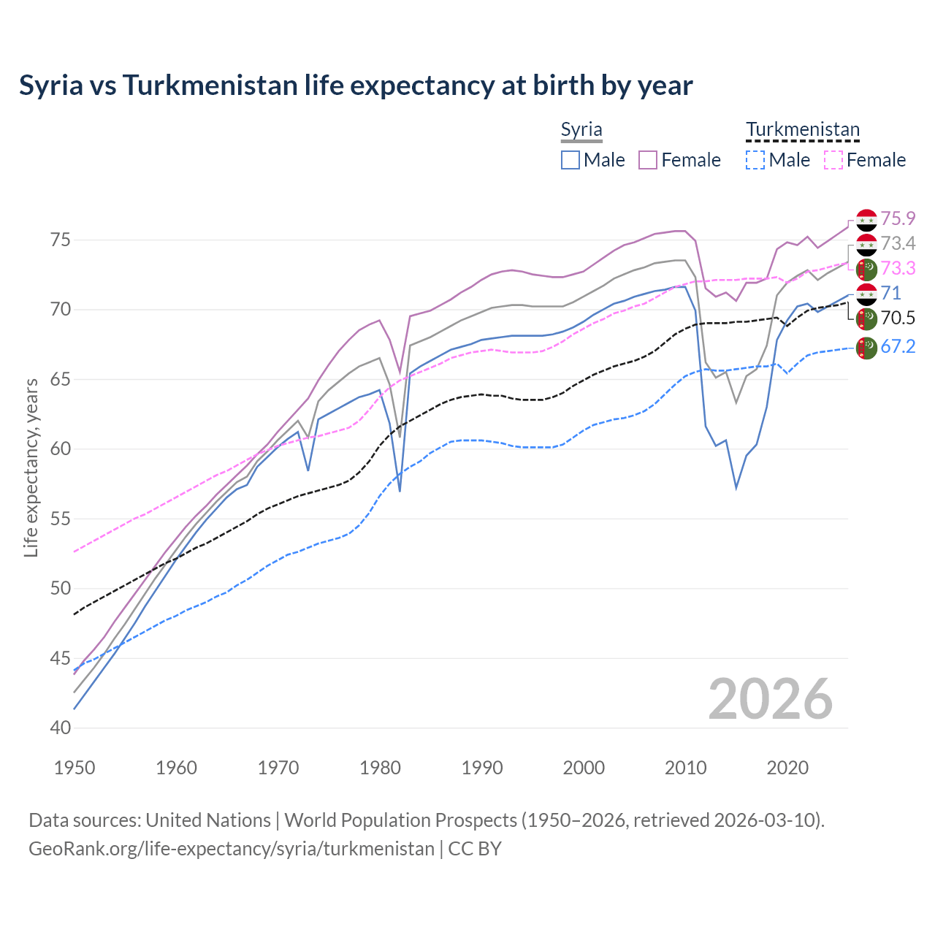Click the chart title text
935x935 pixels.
pyautogui.click(x=356, y=85)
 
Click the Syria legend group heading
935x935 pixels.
pyautogui.click(x=581, y=130)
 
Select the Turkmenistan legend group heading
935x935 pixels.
pyautogui.click(x=803, y=130)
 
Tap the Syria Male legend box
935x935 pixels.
pyautogui.click(x=570, y=160)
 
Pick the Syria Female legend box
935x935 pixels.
pyautogui.click(x=648, y=160)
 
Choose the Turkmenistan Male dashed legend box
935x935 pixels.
pyautogui.click(x=755, y=160)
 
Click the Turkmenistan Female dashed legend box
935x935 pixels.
pyautogui.click(x=833, y=160)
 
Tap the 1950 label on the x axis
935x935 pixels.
pyautogui.click(x=75, y=768)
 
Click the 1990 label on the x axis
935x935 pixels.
pyautogui.click(x=482, y=768)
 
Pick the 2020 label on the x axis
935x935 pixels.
pyautogui.click(x=787, y=768)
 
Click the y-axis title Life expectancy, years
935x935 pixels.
pyautogui.click(x=31, y=467)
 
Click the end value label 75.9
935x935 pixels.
pyautogui.click(x=898, y=219)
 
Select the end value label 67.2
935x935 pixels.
pyautogui.click(x=898, y=347)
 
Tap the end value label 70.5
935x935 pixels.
pyautogui.click(x=898, y=318)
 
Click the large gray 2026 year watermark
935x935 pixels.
pyautogui.click(x=770, y=699)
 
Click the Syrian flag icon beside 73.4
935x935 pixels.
pyautogui.click(x=866, y=244)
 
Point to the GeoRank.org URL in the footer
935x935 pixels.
pyautogui.click(x=232, y=849)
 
